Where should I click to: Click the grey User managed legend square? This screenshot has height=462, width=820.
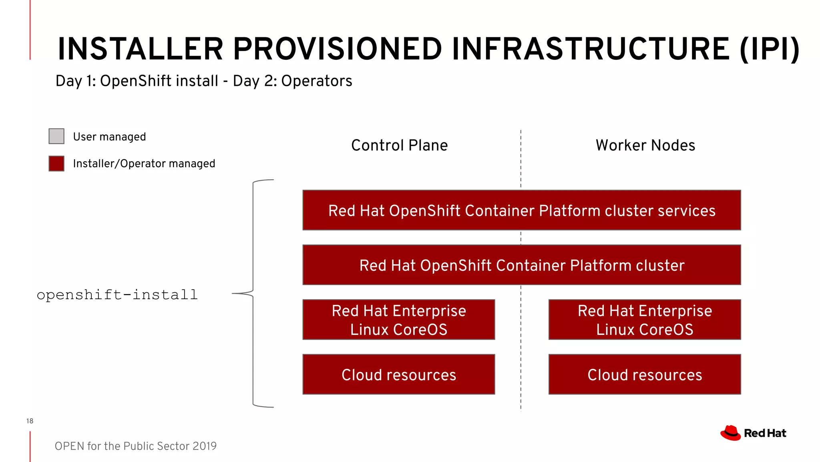tap(56, 136)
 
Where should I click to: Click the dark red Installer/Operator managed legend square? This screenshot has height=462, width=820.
tap(56, 164)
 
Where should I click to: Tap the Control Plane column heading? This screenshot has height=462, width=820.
tap(399, 145)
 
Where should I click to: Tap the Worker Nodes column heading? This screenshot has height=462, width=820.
tap(645, 145)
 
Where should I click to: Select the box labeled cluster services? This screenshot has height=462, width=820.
tap(521, 211)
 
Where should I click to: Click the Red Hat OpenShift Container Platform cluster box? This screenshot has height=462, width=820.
tap(521, 265)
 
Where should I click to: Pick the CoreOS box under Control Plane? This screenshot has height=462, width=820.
tap(399, 320)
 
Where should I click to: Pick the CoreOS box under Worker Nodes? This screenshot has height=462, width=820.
tap(645, 320)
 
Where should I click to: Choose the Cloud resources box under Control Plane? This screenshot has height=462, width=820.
tap(399, 375)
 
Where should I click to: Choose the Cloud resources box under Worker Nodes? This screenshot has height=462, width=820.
tap(645, 375)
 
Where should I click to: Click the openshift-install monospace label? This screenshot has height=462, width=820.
tap(117, 295)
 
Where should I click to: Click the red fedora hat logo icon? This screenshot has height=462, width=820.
tap(730, 433)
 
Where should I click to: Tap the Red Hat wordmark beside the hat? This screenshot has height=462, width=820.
tap(765, 433)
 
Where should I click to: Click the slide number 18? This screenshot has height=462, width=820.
tap(30, 421)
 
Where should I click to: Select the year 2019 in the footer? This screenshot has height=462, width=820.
tap(204, 446)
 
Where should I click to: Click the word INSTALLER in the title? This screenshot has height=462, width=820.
tap(140, 49)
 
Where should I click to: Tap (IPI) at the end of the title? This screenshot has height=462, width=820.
tap(769, 49)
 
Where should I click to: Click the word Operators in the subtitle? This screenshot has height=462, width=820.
tap(316, 81)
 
